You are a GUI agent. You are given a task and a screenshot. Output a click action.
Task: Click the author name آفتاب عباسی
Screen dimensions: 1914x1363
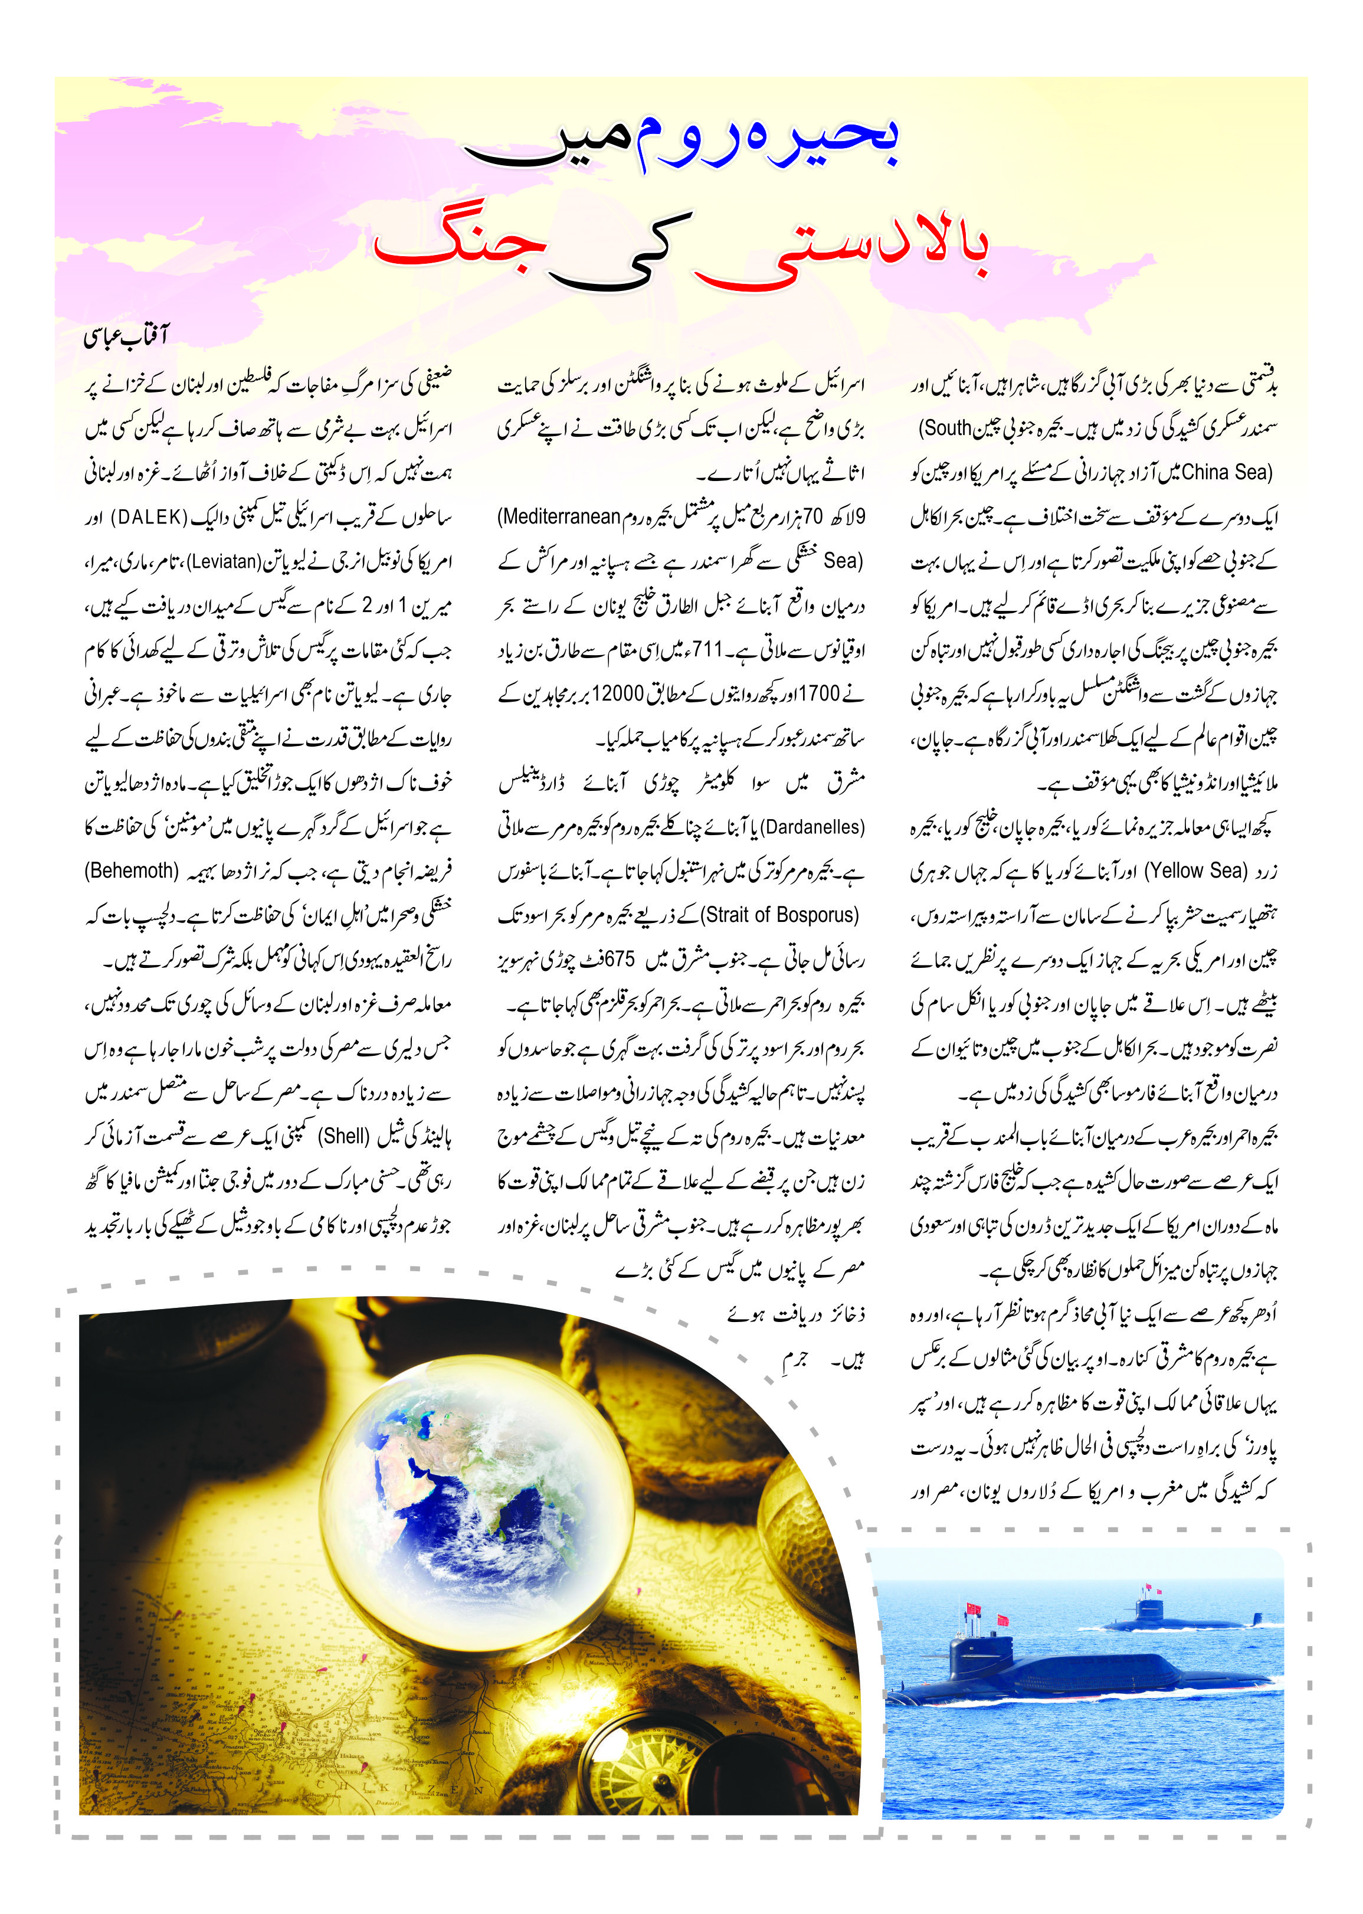(x=126, y=336)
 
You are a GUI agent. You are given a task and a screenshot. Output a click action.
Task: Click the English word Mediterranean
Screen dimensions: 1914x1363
(x=561, y=516)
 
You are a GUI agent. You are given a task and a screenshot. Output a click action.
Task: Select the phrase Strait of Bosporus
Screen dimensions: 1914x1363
(x=781, y=915)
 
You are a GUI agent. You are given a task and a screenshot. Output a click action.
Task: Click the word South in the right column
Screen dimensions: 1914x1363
(x=948, y=428)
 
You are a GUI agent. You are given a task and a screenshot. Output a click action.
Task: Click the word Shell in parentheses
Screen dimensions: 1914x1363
(x=345, y=1137)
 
